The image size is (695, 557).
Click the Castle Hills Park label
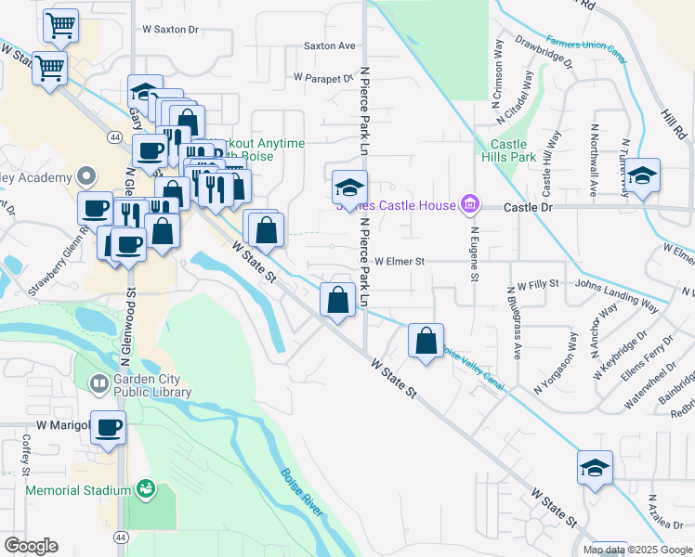point(509,151)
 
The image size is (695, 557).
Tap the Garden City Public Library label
point(153,385)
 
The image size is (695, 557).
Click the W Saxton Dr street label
point(171,30)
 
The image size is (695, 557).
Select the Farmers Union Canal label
point(586,49)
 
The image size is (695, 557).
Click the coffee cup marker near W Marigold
point(109,428)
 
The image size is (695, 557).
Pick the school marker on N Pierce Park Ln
point(350,188)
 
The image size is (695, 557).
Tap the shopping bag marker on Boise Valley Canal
point(426,341)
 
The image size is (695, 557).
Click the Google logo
point(31,545)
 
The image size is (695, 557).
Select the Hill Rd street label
point(670,123)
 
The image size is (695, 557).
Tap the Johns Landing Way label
point(617,294)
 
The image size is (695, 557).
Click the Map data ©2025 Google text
point(638,550)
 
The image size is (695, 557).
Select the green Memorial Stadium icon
point(145,488)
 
